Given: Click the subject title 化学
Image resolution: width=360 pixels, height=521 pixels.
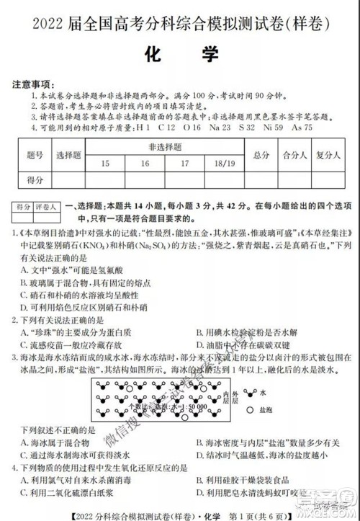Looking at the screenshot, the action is click(179, 55).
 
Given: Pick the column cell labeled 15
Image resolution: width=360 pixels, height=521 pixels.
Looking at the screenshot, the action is click(106, 164).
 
